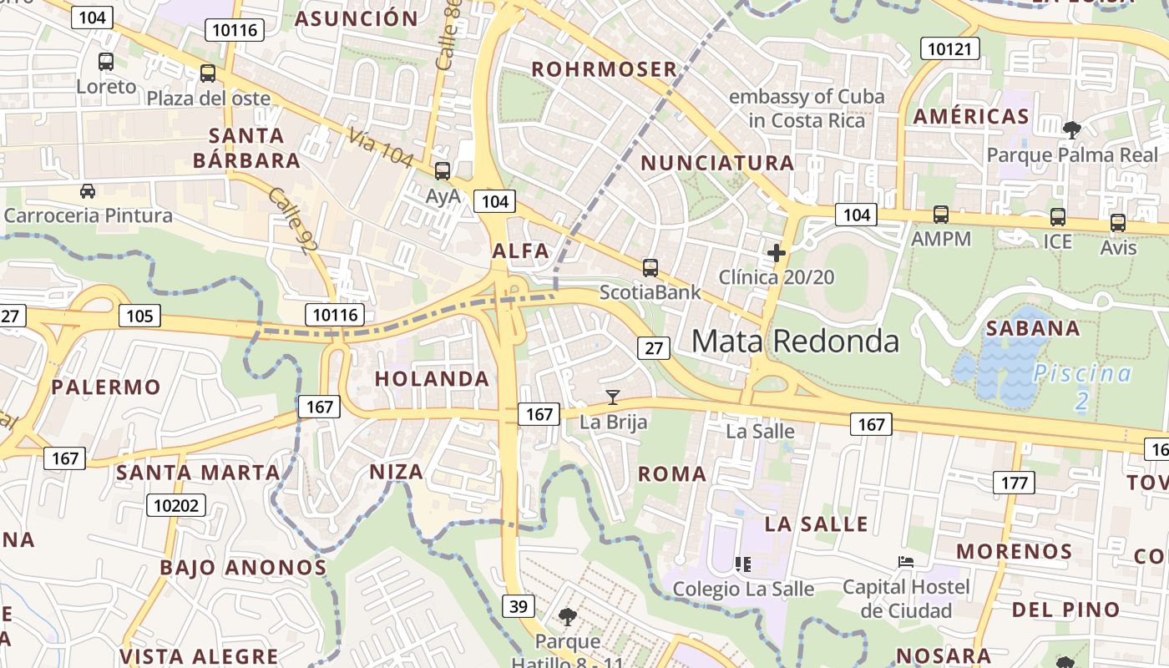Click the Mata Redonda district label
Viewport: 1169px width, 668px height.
pyautogui.click(x=796, y=341)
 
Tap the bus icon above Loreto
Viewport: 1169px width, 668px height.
pyautogui.click(x=106, y=61)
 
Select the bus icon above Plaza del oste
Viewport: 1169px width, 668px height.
pyautogui.click(x=208, y=73)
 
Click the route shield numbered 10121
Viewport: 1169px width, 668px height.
pyautogui.click(x=950, y=48)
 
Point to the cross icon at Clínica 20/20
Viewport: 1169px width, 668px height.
pyautogui.click(x=777, y=252)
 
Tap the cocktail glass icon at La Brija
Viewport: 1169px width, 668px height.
pyautogui.click(x=613, y=397)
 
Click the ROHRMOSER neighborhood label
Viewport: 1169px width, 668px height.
pyautogui.click(x=604, y=69)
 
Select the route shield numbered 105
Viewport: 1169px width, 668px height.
pyautogui.click(x=139, y=315)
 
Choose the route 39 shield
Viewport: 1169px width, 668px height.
pyautogui.click(x=518, y=605)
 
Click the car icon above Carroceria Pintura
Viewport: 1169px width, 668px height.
pyautogui.click(x=88, y=191)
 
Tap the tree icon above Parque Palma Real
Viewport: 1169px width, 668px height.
pyautogui.click(x=1072, y=129)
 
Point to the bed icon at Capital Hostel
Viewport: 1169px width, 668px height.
pyautogui.click(x=906, y=562)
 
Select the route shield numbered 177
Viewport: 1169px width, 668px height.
pyautogui.click(x=1014, y=482)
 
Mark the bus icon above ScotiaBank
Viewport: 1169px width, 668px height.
pyautogui.click(x=650, y=268)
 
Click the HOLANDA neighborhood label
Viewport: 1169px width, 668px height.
pyautogui.click(x=432, y=378)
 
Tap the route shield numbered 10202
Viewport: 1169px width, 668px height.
pyautogui.click(x=175, y=505)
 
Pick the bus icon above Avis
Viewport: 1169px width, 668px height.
pyautogui.click(x=1118, y=223)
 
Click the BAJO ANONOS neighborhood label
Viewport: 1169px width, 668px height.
pyautogui.click(x=243, y=568)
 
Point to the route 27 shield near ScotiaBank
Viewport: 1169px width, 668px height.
pyautogui.click(x=654, y=347)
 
